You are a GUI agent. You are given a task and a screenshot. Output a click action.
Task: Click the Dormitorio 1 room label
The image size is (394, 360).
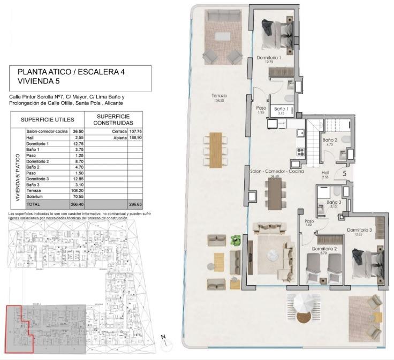point(269,58)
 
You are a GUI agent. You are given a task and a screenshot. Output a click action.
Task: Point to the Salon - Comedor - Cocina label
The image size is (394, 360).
point(277,171)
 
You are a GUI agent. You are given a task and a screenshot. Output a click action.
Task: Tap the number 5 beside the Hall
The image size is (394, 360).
point(345,173)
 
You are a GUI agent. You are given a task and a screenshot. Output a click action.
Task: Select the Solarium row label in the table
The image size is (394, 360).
point(36,196)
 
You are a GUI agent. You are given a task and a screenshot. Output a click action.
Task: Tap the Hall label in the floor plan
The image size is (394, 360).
point(325,173)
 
